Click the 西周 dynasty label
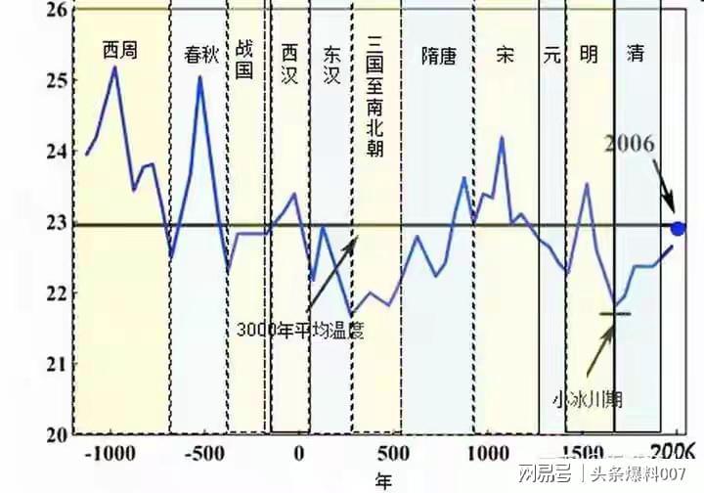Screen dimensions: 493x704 (x=121, y=48)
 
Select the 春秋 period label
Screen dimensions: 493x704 (x=199, y=55)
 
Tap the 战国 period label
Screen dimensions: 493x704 (x=245, y=60)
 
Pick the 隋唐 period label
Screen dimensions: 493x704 (x=438, y=56)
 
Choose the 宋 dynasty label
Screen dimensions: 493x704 (x=505, y=55)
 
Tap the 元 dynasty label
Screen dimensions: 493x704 (x=552, y=55)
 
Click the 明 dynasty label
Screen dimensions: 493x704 (x=589, y=55)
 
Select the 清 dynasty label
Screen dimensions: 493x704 (x=637, y=55)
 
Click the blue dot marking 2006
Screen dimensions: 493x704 (x=679, y=229)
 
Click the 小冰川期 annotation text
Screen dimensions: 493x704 (x=587, y=399)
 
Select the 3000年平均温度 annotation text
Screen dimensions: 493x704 (x=299, y=329)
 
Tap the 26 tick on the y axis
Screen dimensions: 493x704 (x=60, y=10)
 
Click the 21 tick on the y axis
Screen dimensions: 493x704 (x=60, y=364)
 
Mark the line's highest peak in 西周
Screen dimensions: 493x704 (x=114, y=67)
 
